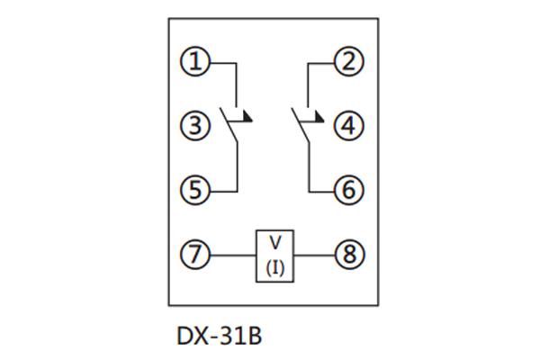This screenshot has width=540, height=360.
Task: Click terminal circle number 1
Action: point(194,63)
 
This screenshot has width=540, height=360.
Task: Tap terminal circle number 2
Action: point(347,63)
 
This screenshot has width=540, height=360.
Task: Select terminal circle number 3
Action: point(194,126)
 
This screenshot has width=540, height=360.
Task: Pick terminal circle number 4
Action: point(347,126)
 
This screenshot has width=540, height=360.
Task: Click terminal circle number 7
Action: point(194,256)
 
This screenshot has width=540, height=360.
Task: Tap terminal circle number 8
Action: point(347,256)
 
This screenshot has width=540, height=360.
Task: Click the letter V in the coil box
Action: point(275,243)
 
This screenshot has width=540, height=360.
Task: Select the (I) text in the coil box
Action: point(275,267)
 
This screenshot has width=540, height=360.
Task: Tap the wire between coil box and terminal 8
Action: point(314,256)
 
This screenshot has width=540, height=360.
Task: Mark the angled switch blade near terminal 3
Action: point(229,126)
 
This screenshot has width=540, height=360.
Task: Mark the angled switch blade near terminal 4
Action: point(301,126)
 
